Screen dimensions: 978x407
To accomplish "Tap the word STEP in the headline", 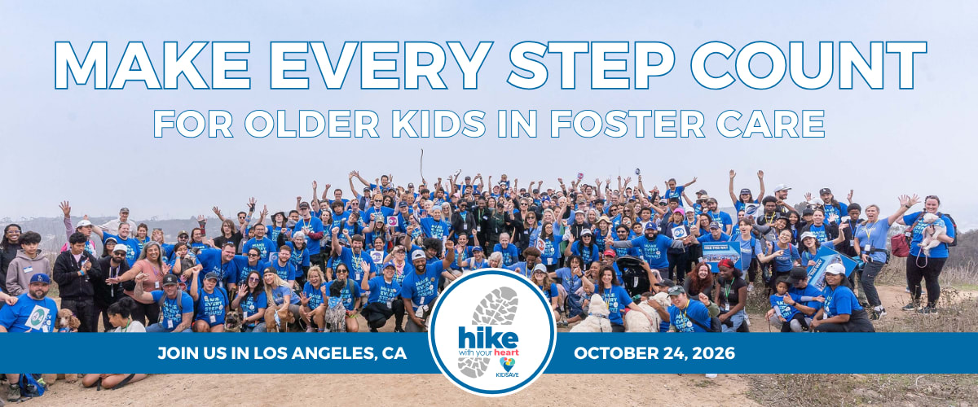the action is (590, 65).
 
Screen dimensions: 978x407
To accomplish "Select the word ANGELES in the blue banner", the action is (332, 353).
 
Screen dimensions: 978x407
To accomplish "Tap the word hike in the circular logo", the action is (488, 338).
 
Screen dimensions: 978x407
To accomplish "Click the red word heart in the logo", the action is (506, 352).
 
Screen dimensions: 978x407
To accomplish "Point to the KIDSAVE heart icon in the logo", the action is (507, 364).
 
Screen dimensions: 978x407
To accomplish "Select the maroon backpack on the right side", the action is (901, 245).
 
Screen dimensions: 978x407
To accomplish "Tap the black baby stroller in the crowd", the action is (632, 275).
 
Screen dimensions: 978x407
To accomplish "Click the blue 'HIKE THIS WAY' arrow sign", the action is (721, 254).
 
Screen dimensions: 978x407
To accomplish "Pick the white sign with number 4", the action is (37, 317).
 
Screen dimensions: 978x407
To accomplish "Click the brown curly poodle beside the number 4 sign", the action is (67, 321).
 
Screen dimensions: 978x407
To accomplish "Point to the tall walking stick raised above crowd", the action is (422, 164).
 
